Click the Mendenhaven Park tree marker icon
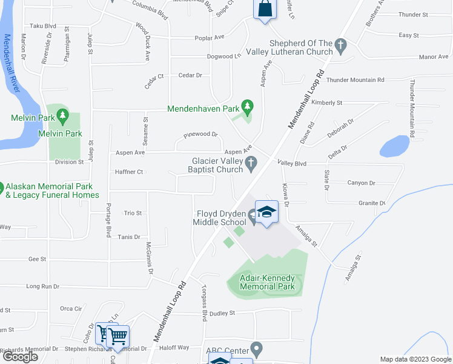pyautogui.click(x=247, y=106)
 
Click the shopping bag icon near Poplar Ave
pyautogui.click(x=265, y=8)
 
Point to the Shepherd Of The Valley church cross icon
pyautogui.click(x=341, y=44)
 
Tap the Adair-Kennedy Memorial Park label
pyautogui.click(x=266, y=282)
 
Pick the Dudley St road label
pyautogui.click(x=222, y=313)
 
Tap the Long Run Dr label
pyautogui.click(x=43, y=286)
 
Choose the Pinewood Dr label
pyautogui.click(x=200, y=134)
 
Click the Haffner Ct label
pyautogui.click(x=128, y=172)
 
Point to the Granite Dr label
pyautogui.click(x=372, y=203)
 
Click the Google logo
pyautogui.click(x=21, y=357)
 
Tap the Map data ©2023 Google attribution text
pyautogui.click(x=415, y=359)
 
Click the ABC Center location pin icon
pyautogui.click(x=257, y=349)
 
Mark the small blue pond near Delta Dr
pyautogui.click(x=394, y=146)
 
